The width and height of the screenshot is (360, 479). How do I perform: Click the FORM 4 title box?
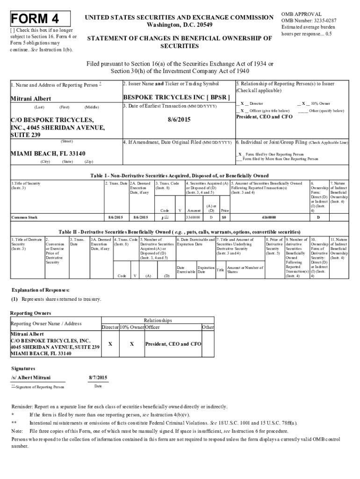39,19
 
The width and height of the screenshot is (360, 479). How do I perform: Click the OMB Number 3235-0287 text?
309,21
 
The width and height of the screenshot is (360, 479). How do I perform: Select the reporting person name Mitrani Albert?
31,99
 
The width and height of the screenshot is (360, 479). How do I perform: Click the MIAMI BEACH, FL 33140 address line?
49,154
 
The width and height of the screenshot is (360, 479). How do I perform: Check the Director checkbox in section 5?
242,103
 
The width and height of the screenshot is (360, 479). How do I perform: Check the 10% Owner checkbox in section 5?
303,103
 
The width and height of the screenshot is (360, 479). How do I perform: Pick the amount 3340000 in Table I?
193,218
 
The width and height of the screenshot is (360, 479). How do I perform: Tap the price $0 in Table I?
225,218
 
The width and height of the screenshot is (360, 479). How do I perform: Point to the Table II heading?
179,232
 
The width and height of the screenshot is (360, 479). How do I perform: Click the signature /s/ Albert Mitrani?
31,377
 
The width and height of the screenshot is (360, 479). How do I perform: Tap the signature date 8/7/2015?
98,377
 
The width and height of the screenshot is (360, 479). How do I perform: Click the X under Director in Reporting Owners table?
110,344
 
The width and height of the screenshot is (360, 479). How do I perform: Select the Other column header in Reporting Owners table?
208,327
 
